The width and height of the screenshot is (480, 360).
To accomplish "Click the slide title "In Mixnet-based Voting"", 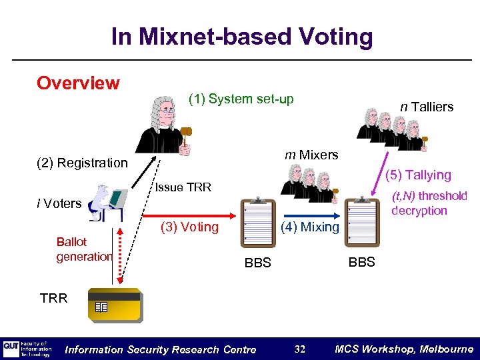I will [242, 37].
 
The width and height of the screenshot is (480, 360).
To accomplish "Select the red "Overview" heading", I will [78, 83].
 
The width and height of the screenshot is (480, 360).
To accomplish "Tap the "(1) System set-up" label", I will [241, 99].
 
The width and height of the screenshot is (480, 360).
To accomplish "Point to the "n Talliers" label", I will [427, 107].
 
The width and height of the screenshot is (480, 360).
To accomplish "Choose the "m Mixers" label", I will [311, 155].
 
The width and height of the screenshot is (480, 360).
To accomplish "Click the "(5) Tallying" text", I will [418, 175].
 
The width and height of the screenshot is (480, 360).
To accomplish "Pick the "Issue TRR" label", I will [183, 187].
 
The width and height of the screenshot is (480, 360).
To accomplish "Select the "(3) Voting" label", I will [190, 227].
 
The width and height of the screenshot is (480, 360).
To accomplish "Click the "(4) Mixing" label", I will [310, 227].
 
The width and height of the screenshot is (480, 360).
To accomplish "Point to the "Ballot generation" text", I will [84, 249].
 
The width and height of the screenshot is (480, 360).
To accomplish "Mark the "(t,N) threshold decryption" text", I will [429, 203].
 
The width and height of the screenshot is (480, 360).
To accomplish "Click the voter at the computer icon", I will [107, 203].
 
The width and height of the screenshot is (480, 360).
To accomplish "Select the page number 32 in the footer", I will [300, 349].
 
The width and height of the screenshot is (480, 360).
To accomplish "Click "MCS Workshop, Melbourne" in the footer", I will [404, 349].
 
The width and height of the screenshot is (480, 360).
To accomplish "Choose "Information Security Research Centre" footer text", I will [161, 349].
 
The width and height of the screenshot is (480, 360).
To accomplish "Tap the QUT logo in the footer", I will [11, 347].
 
